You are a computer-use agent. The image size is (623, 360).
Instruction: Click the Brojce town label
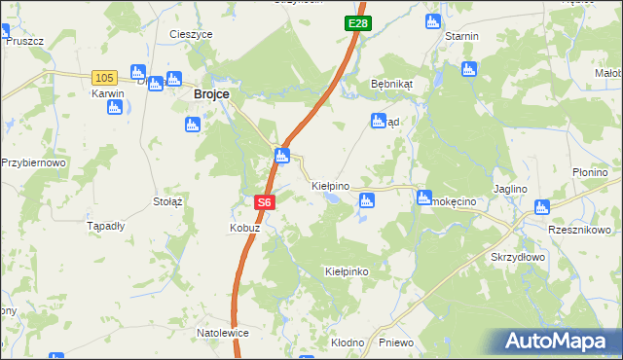point(211,93)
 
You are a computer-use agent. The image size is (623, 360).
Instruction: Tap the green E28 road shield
point(356,21)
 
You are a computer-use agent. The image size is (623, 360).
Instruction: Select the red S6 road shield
point(265,202)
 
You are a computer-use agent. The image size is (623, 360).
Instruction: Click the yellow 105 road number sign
point(104,77)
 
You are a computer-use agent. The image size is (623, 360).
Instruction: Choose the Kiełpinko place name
point(347,271)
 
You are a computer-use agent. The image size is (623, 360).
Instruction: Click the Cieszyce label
point(191,34)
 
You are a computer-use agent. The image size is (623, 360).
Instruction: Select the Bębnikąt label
point(392,84)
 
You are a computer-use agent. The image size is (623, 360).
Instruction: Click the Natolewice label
point(223,333)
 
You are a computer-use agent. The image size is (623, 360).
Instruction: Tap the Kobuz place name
point(243,228)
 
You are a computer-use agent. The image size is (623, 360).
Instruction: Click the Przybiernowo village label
point(33,162)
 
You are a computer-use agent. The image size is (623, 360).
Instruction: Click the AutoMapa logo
point(559,341)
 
